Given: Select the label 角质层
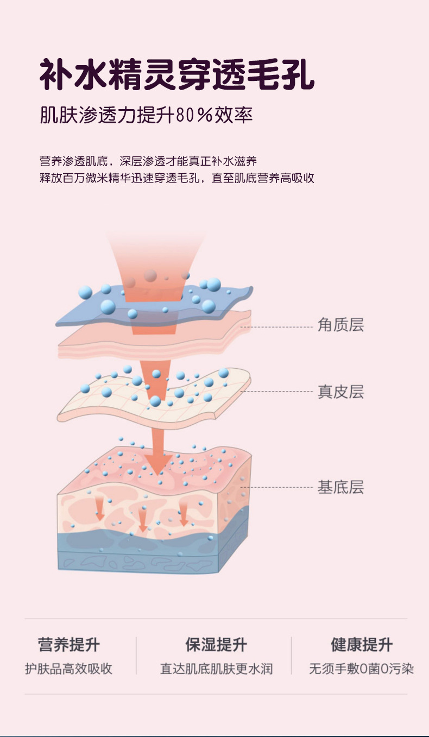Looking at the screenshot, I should point(340,325).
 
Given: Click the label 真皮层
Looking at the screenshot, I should point(340,392).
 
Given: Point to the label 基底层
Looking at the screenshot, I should point(340,487).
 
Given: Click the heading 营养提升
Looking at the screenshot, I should point(69,645).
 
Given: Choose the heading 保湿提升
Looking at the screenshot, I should point(216,645).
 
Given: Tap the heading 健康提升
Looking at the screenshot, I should point(361,645).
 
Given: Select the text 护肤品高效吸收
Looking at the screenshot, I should point(69,669).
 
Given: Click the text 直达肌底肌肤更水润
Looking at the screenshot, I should point(216,669).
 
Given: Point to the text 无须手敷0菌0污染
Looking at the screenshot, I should point(361,669).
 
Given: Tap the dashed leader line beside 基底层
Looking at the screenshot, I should point(282,487).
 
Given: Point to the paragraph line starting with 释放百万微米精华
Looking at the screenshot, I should point(177,178).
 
